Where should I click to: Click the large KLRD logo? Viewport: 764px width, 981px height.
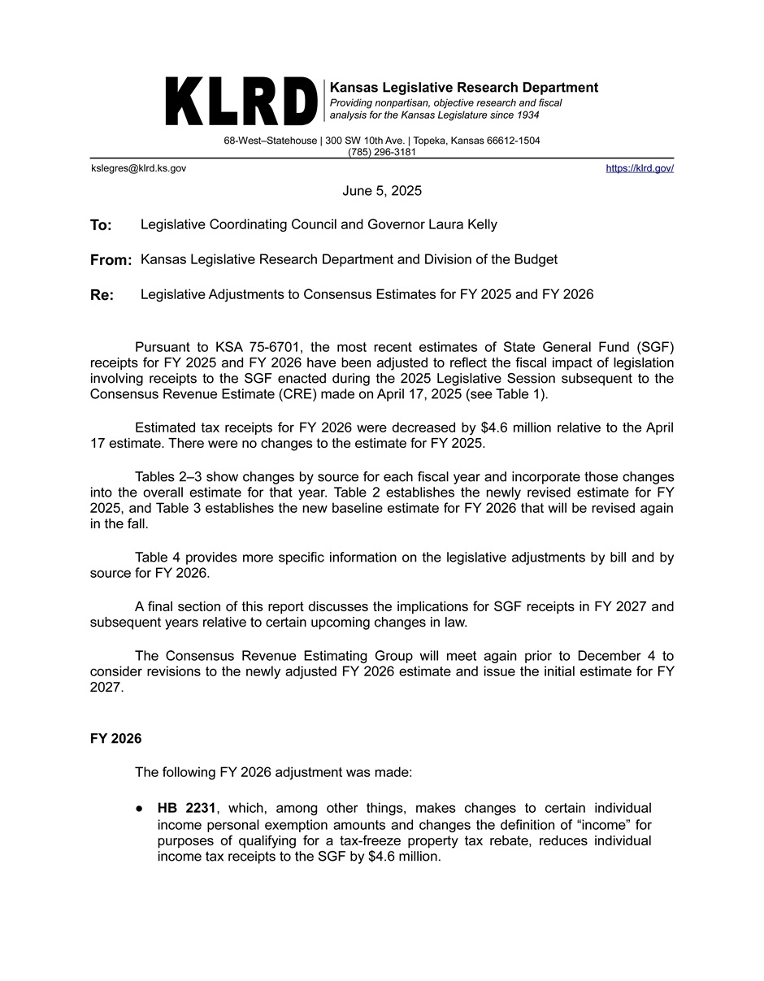(x=241, y=102)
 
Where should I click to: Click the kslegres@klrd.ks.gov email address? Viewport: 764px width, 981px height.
(x=138, y=168)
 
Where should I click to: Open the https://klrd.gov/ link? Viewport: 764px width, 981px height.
(x=640, y=168)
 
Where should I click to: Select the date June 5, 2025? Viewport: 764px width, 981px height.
(x=382, y=191)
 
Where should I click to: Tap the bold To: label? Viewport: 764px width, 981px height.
(x=101, y=225)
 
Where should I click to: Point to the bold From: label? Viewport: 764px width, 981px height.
(x=111, y=260)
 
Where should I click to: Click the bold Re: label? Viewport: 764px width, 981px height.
(x=102, y=295)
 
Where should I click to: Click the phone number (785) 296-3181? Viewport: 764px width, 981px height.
(x=382, y=152)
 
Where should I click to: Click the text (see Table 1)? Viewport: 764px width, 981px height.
(x=507, y=394)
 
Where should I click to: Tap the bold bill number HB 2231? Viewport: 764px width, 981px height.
(x=186, y=808)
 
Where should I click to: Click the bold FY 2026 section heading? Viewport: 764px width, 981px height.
(x=115, y=738)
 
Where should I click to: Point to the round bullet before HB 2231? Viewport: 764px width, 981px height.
(x=140, y=809)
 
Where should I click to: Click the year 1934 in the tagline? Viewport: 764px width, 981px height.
(x=525, y=115)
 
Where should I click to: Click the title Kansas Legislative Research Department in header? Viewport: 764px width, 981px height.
(x=463, y=88)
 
